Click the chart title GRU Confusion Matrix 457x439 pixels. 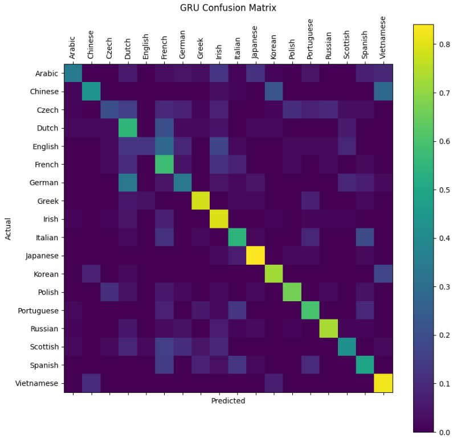(228, 8)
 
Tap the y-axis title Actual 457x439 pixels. (9, 229)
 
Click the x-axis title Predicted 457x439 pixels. (228, 401)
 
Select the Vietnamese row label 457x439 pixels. (39, 383)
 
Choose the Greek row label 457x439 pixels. (47, 201)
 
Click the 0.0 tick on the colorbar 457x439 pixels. (443, 432)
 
